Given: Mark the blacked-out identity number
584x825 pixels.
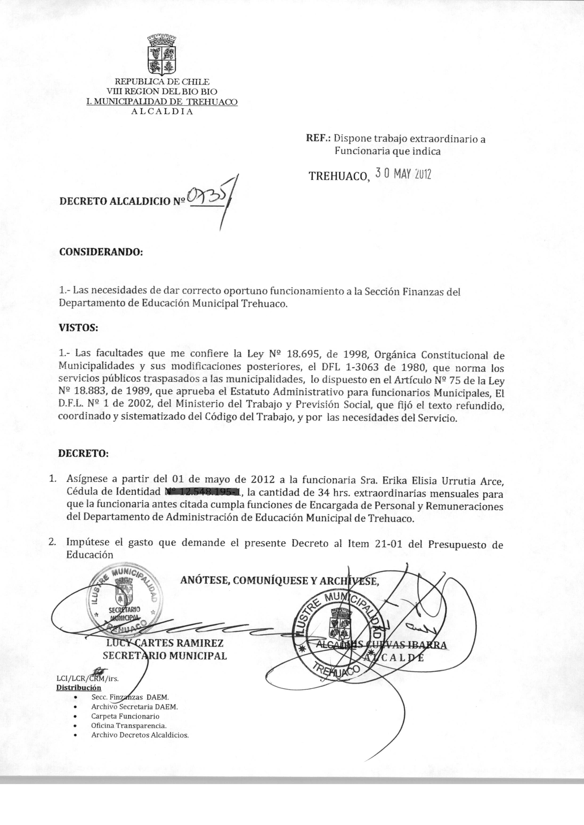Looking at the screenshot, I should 203,491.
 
